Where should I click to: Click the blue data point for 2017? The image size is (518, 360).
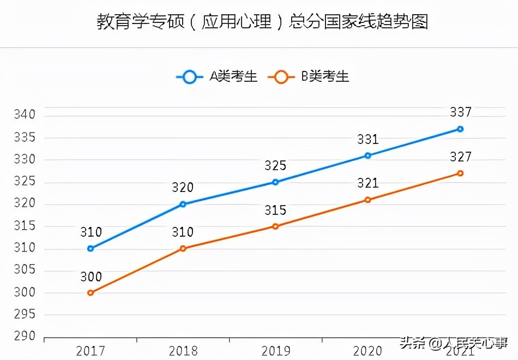(91, 249)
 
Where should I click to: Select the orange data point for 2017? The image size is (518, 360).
(91, 293)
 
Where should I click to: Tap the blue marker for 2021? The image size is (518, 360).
(460, 129)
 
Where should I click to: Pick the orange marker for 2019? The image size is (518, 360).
(275, 226)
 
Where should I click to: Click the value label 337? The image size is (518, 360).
(460, 112)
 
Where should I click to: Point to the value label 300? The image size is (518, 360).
(91, 277)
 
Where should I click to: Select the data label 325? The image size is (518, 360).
(275, 166)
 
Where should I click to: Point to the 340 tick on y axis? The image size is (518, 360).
(25, 115)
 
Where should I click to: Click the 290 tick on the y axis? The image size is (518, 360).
(25, 337)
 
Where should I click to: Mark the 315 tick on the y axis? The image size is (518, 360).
(25, 226)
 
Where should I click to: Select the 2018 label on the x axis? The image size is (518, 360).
(183, 350)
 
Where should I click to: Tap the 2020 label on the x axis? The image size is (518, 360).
(368, 350)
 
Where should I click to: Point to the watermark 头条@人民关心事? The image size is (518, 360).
(454, 344)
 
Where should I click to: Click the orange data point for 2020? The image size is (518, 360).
(368, 200)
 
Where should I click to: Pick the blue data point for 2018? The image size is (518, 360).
(183, 205)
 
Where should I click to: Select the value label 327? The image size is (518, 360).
(460, 157)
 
